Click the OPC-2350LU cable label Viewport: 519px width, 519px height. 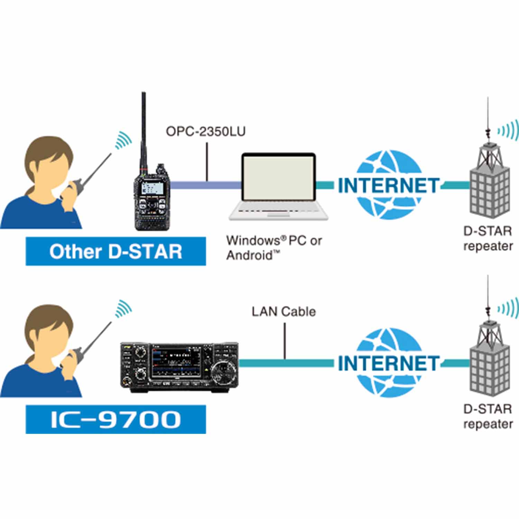point(206,132)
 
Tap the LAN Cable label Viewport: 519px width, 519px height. point(283,312)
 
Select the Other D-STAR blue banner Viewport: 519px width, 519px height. point(116,252)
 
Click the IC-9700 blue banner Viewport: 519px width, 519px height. point(116,419)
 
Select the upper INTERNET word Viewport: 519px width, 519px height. point(388,186)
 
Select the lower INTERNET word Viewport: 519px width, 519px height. point(388,363)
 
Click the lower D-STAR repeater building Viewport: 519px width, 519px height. point(489,367)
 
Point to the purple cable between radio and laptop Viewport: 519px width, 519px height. point(206,185)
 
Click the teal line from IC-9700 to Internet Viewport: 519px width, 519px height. point(285,363)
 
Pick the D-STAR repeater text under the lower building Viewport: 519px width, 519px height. point(488,416)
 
